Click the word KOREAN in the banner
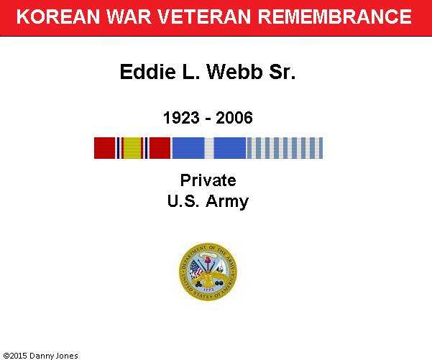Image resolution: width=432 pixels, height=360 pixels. coord(58,17)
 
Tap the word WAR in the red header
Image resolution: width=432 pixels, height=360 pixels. coord(129,17)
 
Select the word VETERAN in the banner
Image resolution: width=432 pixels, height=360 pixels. coord(204,17)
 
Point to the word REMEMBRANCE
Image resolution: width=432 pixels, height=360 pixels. coord(334,17)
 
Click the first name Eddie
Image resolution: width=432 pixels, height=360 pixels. coord(147,72)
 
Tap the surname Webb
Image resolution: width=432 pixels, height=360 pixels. coord(234,72)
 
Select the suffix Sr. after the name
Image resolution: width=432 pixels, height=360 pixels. coord(282,72)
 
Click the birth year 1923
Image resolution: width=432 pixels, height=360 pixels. coord(181,118)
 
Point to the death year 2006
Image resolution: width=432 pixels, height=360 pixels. coord(234,118)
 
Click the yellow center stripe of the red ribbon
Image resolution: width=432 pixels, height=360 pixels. coord(132,148)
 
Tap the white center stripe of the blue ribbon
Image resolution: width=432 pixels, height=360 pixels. coord(209,148)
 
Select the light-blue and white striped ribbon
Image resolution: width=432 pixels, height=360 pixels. coord(285,148)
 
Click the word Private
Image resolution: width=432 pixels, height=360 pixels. coord(208,180)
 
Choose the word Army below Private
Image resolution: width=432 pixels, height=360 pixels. coord(227,202)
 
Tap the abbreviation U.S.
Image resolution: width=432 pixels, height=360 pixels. coord(183,201)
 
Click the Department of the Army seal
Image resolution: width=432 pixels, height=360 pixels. coord(208,272)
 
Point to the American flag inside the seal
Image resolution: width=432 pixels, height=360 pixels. coord(196,269)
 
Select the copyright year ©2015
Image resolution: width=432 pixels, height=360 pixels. coord(15,356)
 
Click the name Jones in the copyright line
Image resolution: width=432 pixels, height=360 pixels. coord(67,356)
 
